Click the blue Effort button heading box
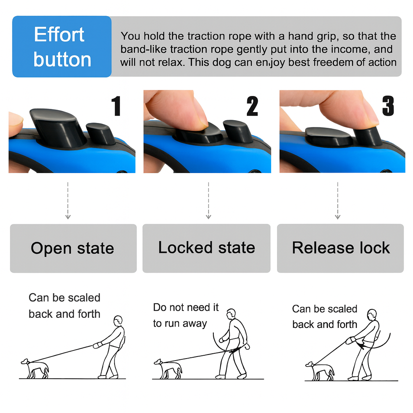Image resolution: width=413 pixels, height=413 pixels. [62, 46]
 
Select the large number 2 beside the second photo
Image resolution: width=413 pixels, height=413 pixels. [252, 106]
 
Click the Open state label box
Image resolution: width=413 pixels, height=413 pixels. [73, 248]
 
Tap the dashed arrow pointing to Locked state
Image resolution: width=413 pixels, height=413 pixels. [208, 200]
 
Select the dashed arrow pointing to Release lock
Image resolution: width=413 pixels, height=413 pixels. [338, 200]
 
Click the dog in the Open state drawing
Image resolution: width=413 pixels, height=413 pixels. [35, 368]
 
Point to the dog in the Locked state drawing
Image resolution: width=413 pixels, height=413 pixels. [168, 368]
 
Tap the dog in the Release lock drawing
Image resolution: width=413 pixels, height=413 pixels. [320, 370]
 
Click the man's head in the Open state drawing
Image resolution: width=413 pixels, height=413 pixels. [118, 321]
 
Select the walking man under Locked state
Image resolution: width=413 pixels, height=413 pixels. [233, 345]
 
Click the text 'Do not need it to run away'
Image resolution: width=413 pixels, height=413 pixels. [186, 315]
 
